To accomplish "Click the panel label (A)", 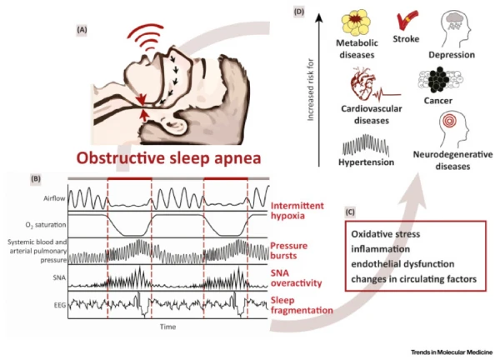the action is (82, 30).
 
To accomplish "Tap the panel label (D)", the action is (299, 12).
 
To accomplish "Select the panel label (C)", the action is (350, 212).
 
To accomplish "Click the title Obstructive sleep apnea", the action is (168, 158).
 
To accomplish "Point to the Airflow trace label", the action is (54, 198).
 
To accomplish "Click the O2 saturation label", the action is (46, 225).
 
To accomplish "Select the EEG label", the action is (60, 305).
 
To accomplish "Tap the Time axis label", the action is (168, 327).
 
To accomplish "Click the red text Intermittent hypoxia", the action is (297, 211).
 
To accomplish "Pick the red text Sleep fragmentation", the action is (302, 305).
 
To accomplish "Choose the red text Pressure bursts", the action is (289, 251).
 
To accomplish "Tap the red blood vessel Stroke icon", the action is (407, 20).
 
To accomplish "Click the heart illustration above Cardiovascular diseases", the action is (362, 83).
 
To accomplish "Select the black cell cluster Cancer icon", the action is (440, 80).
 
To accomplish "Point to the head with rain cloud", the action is (456, 28).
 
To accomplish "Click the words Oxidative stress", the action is (386, 234).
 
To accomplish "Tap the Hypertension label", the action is (366, 162).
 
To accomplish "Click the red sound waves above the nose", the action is (146, 37).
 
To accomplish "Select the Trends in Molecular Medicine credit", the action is (452, 352).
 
